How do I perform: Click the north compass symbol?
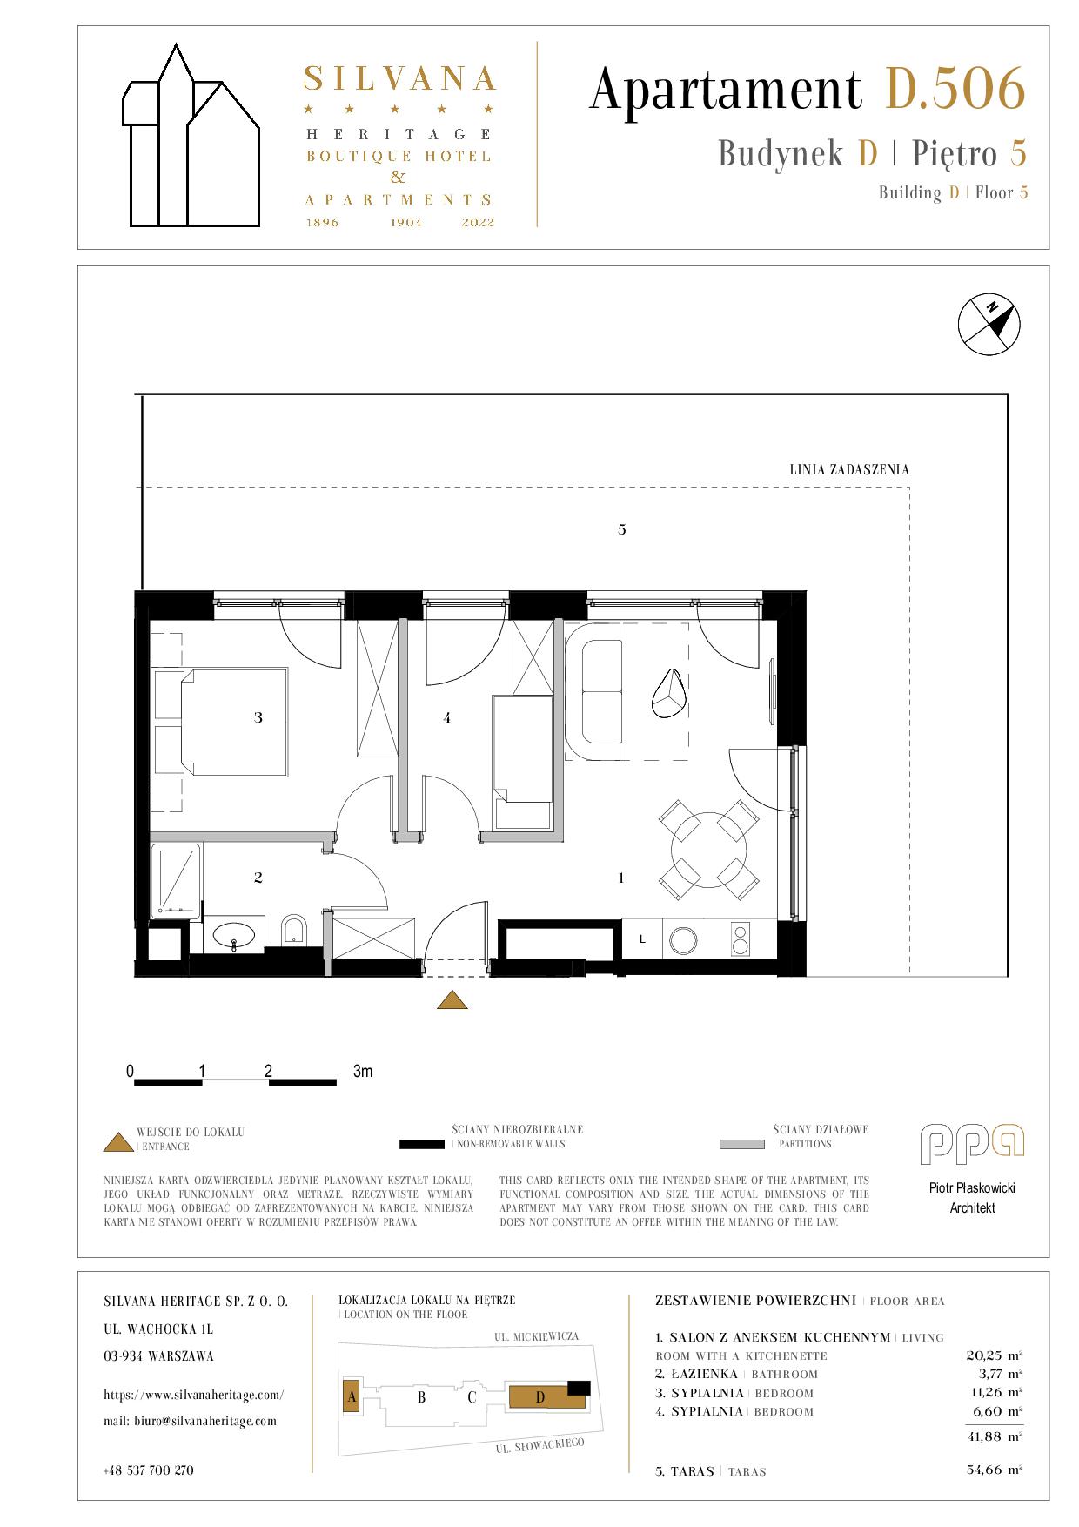989,325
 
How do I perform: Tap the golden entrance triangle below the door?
452,1000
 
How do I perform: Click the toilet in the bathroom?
295,930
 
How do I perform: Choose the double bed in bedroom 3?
220,722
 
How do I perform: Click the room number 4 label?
446,718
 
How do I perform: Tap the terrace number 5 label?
622,529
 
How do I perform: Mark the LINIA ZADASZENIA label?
849,470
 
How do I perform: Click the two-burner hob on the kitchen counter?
741,939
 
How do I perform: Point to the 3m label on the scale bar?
363,1072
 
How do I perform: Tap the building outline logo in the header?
191,135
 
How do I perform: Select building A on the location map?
352,1397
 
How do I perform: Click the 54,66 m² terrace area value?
995,1470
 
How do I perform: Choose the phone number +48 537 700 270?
149,1470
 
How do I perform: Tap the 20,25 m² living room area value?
995,1355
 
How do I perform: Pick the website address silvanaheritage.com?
193,1395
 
